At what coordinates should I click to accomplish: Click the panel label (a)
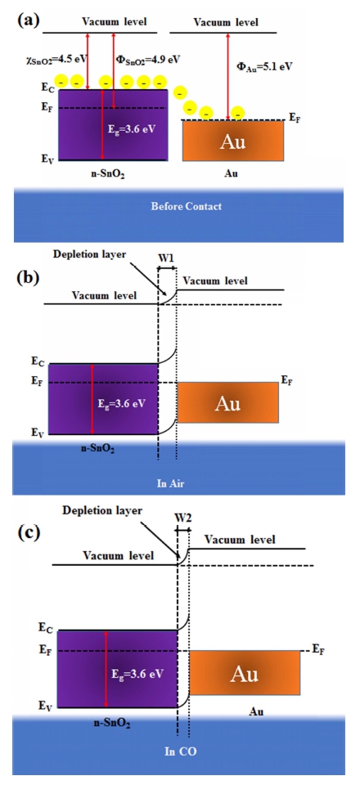pos(29,21)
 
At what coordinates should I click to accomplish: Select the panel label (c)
pos(29,532)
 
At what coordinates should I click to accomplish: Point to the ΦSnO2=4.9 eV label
pos(148,59)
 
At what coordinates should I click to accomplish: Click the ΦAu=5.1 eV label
pos(264,65)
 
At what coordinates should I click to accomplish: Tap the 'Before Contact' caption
pos(187,206)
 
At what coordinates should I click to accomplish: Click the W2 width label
pos(182,519)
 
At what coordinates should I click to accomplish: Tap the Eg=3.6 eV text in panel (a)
pos(133,128)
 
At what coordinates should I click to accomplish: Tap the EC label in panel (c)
pos(46,626)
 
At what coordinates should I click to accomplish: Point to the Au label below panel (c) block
pos(256,711)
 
